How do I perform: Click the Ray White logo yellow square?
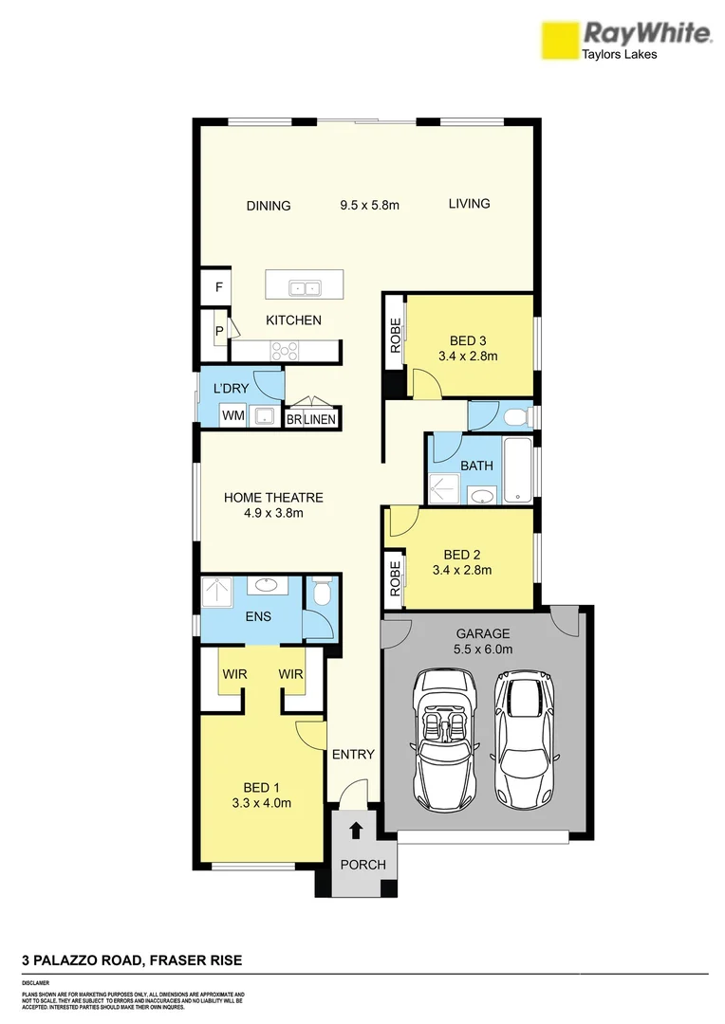pos(559,43)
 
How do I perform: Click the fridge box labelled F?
pos(218,286)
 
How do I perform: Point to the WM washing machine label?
pos(232,415)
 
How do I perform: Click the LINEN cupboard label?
pos(320,418)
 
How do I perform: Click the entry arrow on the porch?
pos(356,832)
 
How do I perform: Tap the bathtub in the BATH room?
pos(518,470)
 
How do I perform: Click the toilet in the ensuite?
pos(321,594)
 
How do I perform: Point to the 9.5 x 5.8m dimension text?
pos(370,204)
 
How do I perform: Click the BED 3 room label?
pos(468,340)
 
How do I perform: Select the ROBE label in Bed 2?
pos(394,578)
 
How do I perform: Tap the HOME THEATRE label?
pos(273,497)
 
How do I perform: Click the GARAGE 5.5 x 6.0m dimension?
pos(483,649)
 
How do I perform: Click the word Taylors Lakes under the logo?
pos(619,55)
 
